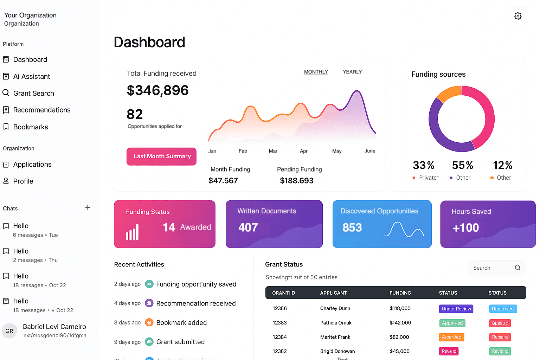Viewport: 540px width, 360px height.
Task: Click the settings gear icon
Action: [x=517, y=16]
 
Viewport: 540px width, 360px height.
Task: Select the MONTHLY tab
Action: [x=316, y=72]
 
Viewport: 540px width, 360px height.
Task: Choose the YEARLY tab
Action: [x=352, y=72]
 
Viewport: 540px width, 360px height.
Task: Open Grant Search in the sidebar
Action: [x=33, y=93]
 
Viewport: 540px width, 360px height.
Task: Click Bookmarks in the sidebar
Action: [x=30, y=127]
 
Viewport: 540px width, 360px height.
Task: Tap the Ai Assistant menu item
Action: [x=31, y=76]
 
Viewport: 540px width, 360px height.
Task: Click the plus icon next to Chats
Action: [x=88, y=208]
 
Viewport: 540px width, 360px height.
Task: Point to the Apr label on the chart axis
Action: [x=303, y=151]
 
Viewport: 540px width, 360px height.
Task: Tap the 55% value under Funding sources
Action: [x=462, y=165]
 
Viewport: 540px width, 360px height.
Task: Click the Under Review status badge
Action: [x=456, y=309]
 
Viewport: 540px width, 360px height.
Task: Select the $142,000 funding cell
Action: [x=400, y=323]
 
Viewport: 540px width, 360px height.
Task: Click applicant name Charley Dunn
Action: [x=335, y=308]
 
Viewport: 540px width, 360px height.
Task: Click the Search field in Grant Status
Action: [x=492, y=268]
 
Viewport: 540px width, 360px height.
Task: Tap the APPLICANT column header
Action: [x=333, y=293]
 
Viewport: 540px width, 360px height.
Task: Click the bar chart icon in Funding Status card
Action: [x=133, y=232]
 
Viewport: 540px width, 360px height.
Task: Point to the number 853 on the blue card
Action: [x=352, y=228]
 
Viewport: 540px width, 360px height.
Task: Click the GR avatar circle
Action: [x=9, y=331]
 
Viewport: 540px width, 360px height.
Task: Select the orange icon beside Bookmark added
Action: [x=149, y=322]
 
